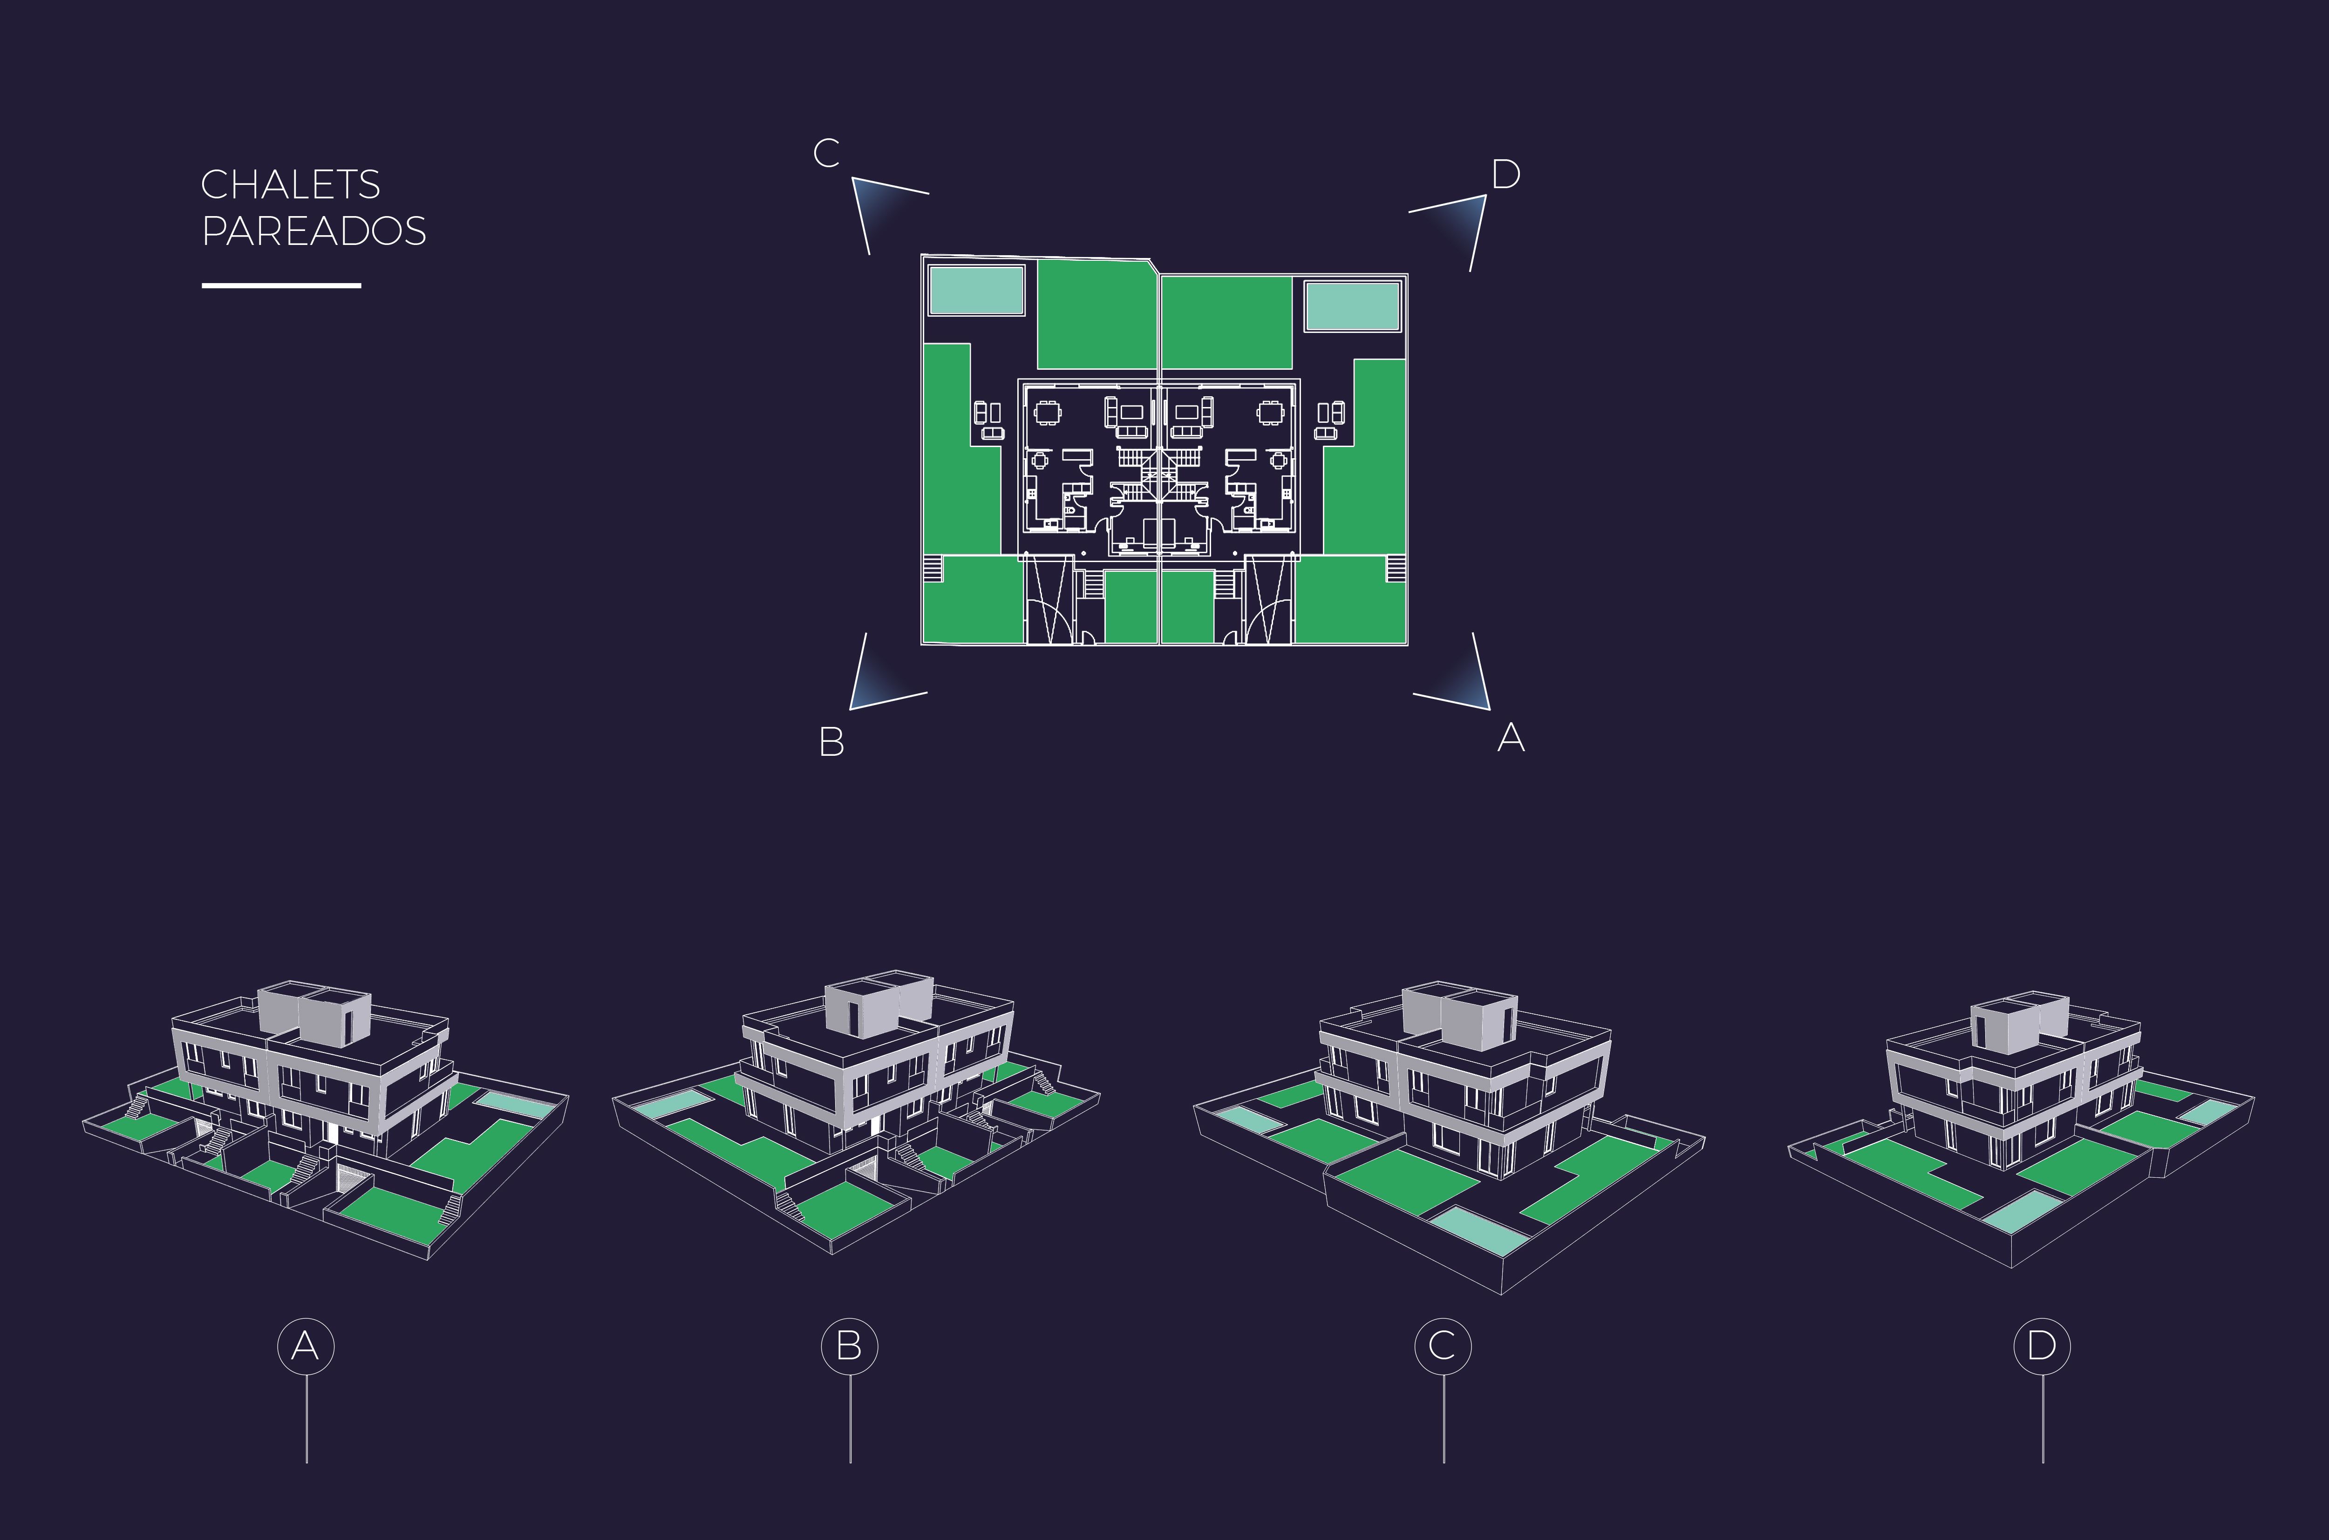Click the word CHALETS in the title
coord(291,185)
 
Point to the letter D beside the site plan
coord(1506,175)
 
